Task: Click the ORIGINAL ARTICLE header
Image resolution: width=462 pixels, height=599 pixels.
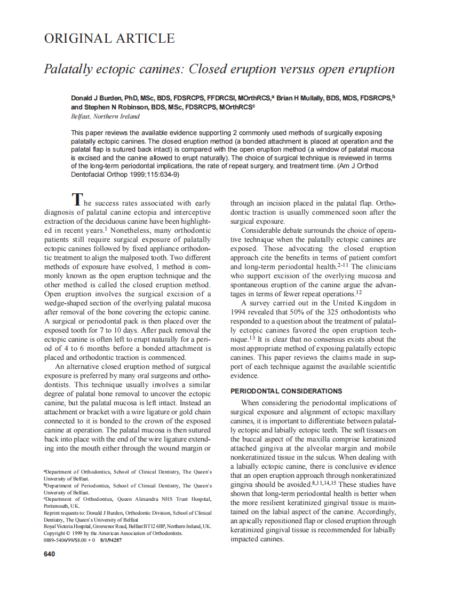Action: tap(109, 38)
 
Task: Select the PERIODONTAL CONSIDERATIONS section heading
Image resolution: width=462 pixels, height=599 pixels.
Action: tap(286, 391)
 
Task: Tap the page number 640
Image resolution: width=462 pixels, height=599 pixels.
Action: tap(49, 554)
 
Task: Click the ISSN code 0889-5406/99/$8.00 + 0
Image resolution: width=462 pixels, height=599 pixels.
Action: tap(69, 540)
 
